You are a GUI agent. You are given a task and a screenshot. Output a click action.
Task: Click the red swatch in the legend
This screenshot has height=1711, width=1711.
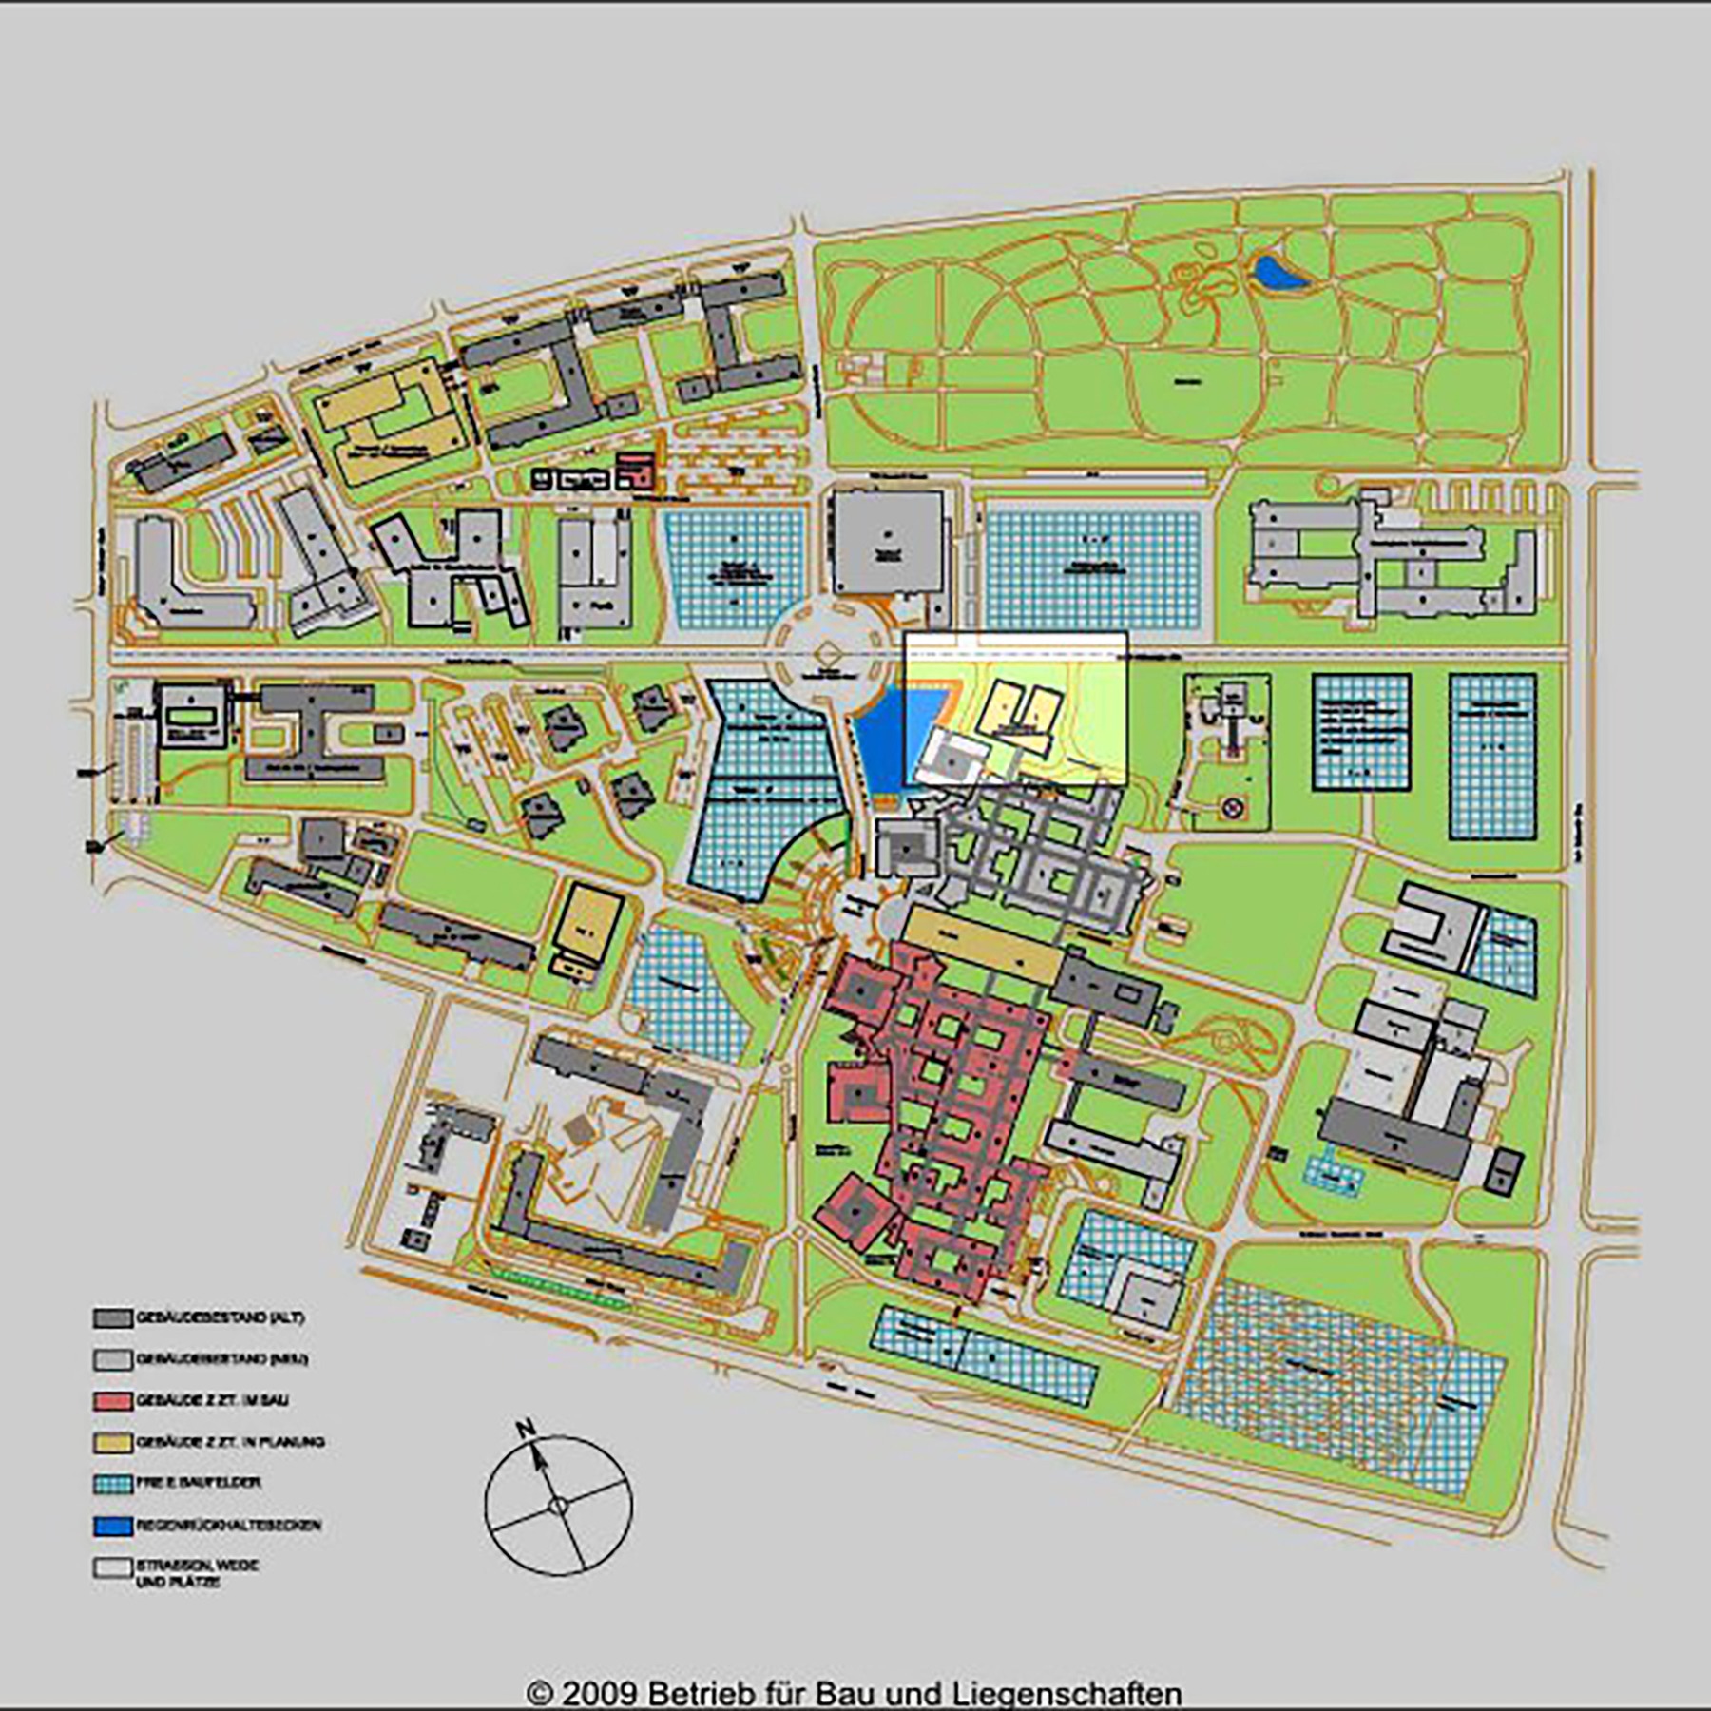pyautogui.click(x=112, y=1401)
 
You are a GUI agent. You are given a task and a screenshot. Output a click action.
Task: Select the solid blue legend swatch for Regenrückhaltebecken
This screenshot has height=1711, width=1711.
pyautogui.click(x=112, y=1526)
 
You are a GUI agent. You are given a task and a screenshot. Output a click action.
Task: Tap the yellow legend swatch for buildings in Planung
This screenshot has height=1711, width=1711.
pyautogui.click(x=112, y=1443)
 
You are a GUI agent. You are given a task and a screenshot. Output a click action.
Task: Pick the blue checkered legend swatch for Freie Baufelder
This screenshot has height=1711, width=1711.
pyautogui.click(x=112, y=1484)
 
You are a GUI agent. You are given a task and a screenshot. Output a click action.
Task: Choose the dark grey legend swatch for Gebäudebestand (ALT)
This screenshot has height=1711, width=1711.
pyautogui.click(x=112, y=1319)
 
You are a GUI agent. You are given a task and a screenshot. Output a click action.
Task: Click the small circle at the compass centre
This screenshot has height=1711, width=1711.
pyautogui.click(x=559, y=1505)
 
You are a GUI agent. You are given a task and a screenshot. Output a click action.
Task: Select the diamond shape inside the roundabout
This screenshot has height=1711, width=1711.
pyautogui.click(x=823, y=655)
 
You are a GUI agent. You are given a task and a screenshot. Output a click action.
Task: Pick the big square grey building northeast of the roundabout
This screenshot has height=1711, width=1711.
pyautogui.click(x=888, y=544)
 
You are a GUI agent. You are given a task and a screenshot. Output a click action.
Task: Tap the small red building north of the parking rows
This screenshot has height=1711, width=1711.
pyautogui.click(x=634, y=471)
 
